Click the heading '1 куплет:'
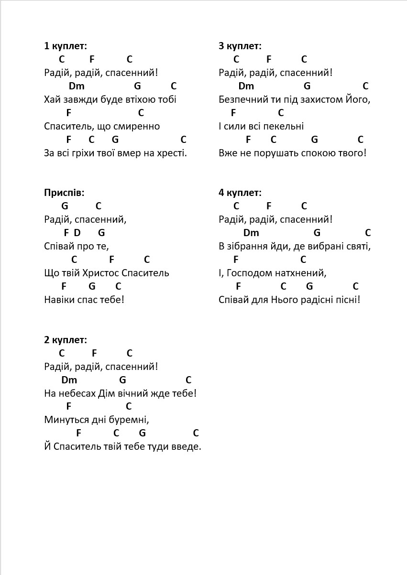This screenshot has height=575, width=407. pos(66,46)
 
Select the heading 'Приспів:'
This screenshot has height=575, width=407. pos(64,193)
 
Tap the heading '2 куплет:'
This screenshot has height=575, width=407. pos(66,340)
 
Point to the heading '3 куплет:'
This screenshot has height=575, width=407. pos(240,46)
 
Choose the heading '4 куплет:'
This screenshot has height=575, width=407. pos(240,193)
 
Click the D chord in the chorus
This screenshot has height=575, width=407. pos(77,233)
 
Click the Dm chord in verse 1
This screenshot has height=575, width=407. pos(77,86)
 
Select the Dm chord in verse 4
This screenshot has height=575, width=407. pos(251,233)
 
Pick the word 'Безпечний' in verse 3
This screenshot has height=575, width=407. pos(242,99)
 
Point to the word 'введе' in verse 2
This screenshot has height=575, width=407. pos(187,446)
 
